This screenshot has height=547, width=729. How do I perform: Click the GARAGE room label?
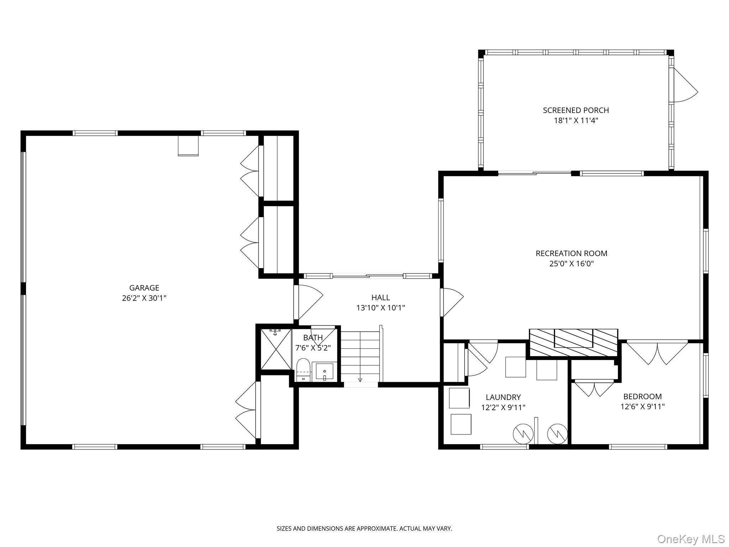click(x=144, y=288)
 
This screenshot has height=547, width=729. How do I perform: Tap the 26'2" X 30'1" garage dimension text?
click(x=144, y=298)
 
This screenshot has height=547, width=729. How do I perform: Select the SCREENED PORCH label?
click(x=576, y=110)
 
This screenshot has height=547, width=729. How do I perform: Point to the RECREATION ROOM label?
click(x=571, y=254)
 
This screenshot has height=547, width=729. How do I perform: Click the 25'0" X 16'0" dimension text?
click(x=571, y=264)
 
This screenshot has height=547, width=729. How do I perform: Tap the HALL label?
click(x=381, y=297)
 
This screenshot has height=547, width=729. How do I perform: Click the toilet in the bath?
click(x=303, y=369)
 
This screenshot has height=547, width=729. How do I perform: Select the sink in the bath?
click(x=324, y=371)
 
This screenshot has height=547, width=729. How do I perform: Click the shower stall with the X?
click(x=276, y=349)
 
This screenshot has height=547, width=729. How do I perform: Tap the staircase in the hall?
click(x=360, y=356)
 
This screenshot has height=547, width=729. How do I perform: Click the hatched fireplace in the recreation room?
click(x=573, y=342)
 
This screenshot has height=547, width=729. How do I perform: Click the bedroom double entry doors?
click(x=657, y=352)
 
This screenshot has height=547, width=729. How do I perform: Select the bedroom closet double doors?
click(x=594, y=389)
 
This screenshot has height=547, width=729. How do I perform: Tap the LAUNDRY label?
click(x=503, y=397)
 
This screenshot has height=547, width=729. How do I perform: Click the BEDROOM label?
click(x=642, y=396)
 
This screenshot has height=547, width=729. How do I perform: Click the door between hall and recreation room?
click(x=451, y=303)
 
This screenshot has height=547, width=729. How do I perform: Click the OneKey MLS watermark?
click(x=691, y=539)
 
